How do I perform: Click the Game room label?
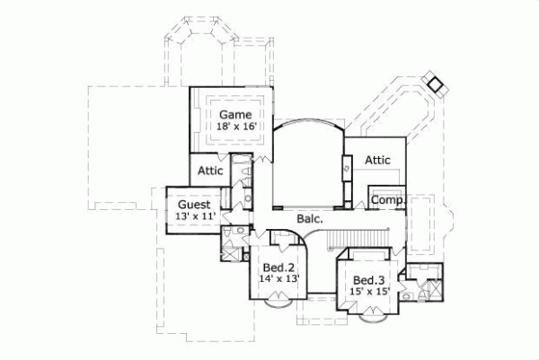pyautogui.click(x=236, y=114)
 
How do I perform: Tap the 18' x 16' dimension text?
pyautogui.click(x=236, y=127)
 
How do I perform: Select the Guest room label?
pyautogui.click(x=194, y=205)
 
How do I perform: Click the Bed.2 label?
pyautogui.click(x=278, y=268)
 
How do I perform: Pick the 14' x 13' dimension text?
pyautogui.click(x=278, y=279)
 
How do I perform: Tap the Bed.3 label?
pyautogui.click(x=368, y=279)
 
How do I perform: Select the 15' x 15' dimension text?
pyautogui.click(x=368, y=291)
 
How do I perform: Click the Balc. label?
pyautogui.click(x=309, y=217)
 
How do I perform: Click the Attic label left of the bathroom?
pyautogui.click(x=210, y=171)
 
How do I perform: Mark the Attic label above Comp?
pyautogui.click(x=377, y=160)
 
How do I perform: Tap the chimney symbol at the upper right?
pyautogui.click(x=436, y=83)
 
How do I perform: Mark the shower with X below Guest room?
pyautogui.click(x=230, y=252)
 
